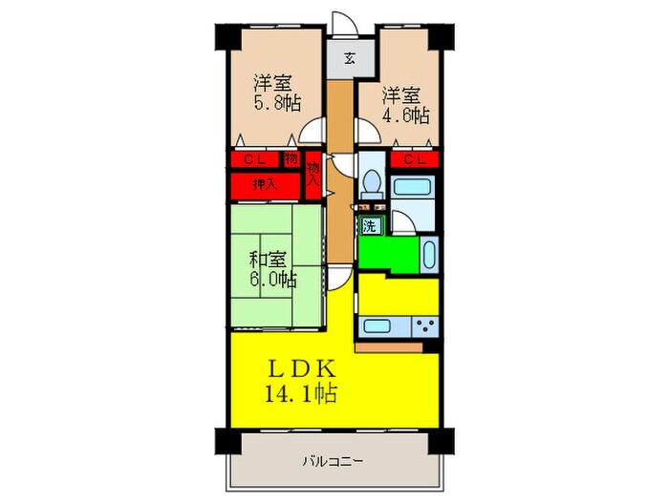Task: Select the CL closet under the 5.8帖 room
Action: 254,159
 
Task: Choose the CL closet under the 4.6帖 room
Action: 415,159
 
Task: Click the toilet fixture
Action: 371,180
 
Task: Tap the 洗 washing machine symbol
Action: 370,226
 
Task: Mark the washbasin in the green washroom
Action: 428,255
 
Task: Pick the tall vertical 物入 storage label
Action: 313,177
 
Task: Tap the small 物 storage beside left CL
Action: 291,159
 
